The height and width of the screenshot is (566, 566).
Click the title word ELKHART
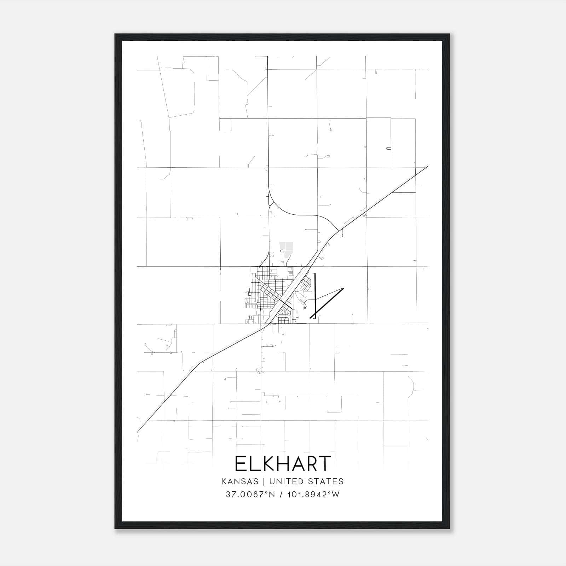[283, 464]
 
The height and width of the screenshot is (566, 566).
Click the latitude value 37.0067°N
[250, 495]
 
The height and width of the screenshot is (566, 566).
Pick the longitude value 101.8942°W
[312, 495]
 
